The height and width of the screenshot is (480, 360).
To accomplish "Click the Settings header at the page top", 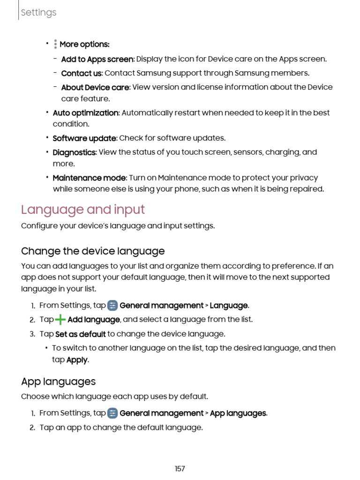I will tap(38, 13).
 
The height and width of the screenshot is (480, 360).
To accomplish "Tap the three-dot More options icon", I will tap(55, 44).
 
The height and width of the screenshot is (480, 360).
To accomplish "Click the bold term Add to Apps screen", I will tap(97, 59).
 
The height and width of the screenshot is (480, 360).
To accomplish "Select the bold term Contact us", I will tap(81, 73).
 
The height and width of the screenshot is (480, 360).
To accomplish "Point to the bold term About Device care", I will tap(95, 87).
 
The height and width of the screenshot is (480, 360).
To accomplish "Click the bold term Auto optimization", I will tap(85, 113).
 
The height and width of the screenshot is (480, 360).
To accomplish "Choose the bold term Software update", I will tap(84, 138).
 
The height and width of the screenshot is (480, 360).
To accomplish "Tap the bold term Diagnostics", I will tap(74, 152).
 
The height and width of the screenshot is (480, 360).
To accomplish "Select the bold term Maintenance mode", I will tap(89, 178).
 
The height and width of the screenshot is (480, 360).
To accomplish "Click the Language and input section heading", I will tap(83, 210).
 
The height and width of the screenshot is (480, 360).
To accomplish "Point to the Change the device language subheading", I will tap(93, 251).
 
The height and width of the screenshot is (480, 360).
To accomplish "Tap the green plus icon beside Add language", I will tap(60, 320).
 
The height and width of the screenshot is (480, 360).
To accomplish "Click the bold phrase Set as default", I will tap(80, 334).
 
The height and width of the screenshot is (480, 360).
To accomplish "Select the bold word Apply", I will tap(77, 360).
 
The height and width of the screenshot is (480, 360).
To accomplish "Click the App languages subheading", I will tap(58, 382).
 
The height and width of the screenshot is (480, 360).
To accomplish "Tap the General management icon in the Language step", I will tap(112, 306).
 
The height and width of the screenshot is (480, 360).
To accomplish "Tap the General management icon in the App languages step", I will tap(112, 413).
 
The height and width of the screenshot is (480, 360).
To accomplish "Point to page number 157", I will tap(180, 469).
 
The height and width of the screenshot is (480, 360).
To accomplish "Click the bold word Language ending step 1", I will tap(229, 306).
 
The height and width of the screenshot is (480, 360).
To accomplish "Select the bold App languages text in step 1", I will tap(238, 413).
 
